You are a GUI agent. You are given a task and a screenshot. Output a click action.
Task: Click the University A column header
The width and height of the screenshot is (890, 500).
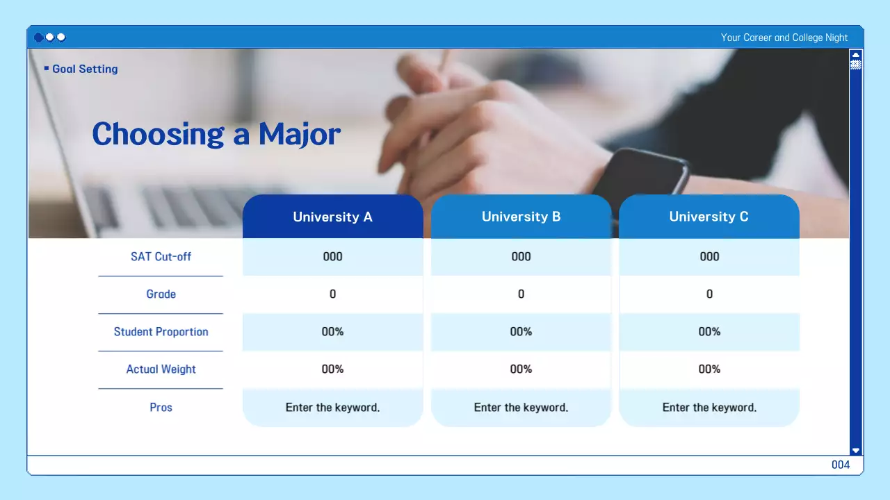(332, 217)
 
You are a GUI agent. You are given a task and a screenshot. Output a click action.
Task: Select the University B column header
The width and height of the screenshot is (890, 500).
(521, 217)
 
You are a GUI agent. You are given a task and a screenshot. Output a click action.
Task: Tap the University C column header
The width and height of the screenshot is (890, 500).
(709, 217)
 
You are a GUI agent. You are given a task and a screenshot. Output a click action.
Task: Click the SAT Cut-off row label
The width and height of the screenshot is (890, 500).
(161, 256)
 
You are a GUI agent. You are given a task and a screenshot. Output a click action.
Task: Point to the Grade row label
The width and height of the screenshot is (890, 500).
(161, 294)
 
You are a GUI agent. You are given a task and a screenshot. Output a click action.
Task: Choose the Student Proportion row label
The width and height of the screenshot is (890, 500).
(161, 332)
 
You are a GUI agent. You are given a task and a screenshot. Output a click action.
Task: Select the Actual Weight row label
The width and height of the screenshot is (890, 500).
(161, 369)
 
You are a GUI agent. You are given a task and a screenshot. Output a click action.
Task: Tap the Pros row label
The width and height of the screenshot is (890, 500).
(161, 408)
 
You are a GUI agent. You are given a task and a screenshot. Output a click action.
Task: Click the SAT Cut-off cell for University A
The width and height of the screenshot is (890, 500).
(332, 256)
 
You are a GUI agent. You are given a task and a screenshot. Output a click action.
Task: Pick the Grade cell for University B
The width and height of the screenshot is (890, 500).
(521, 294)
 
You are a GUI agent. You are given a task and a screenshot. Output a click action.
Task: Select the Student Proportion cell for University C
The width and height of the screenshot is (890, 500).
(709, 332)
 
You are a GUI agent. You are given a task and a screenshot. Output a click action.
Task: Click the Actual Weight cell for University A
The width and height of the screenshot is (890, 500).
(332, 369)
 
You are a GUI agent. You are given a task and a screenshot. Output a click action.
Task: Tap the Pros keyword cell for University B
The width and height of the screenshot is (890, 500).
(521, 408)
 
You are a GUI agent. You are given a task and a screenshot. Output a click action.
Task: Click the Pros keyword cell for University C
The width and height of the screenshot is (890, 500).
(709, 408)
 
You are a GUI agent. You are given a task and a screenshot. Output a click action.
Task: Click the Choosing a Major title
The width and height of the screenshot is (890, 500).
(216, 134)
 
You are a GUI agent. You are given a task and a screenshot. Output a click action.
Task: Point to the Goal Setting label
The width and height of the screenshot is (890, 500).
(84, 69)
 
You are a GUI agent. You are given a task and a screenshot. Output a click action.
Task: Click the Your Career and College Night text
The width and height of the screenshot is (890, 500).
(784, 37)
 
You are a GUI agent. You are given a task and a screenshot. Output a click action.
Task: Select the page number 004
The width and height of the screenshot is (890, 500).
(840, 465)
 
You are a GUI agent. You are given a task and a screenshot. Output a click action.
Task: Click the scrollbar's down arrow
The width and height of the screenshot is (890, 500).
(856, 450)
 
